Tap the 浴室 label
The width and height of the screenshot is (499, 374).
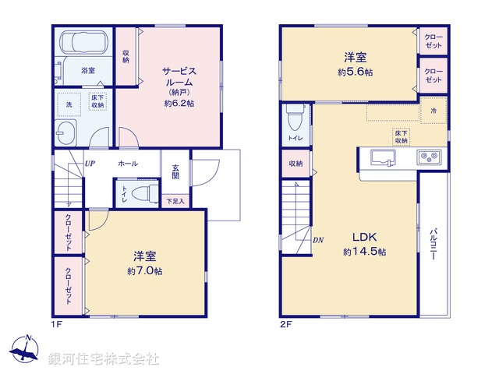point(88,71)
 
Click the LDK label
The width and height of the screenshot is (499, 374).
point(364,237)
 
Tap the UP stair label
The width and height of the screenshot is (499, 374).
point(90,164)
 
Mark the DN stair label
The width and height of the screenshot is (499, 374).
point(318,240)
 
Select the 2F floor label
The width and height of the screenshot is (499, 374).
point(286,324)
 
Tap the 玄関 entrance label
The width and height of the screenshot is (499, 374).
point(175,171)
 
